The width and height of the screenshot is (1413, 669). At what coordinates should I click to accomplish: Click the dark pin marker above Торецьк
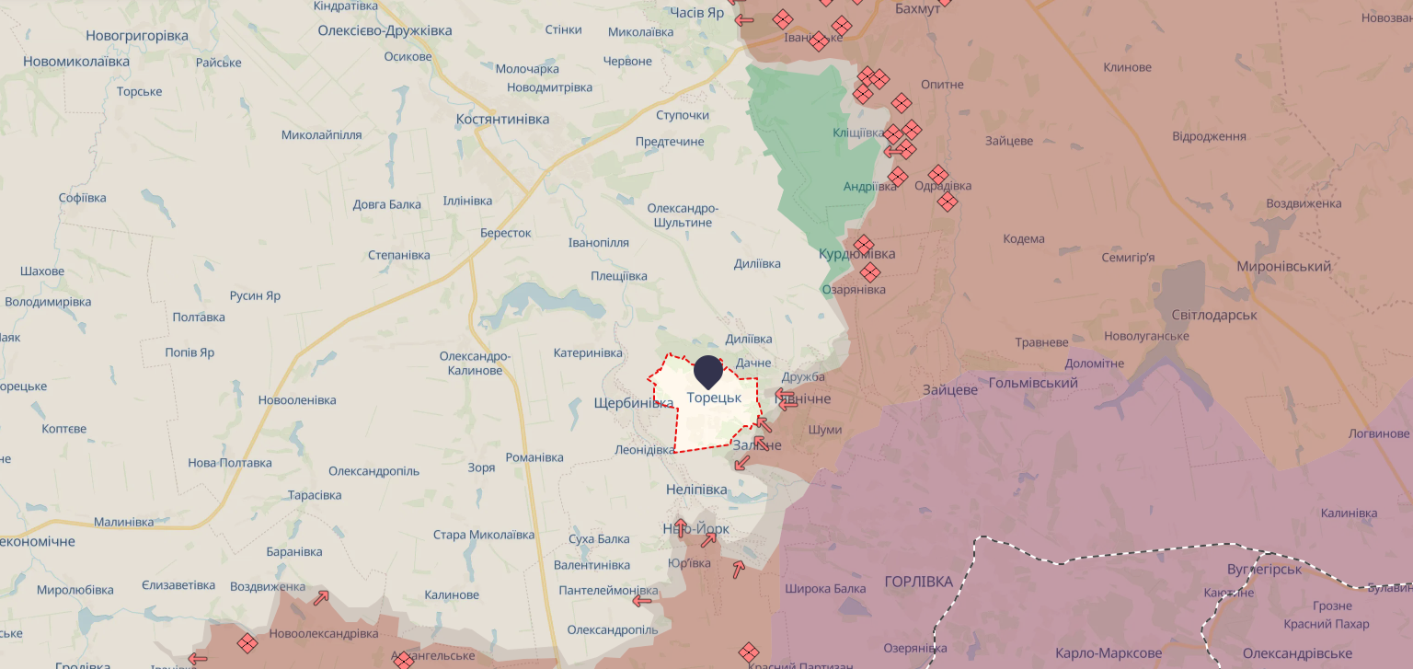click(x=706, y=371)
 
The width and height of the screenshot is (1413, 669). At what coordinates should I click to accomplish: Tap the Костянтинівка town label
click(x=502, y=120)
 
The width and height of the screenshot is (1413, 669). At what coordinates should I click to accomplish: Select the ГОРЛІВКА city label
click(x=918, y=582)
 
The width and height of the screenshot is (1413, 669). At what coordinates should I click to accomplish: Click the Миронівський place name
click(x=1283, y=267)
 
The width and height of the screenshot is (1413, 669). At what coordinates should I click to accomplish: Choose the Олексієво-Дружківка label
click(x=385, y=30)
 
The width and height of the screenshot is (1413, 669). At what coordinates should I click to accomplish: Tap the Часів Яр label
click(x=698, y=12)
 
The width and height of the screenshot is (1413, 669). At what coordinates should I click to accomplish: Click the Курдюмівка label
click(x=856, y=254)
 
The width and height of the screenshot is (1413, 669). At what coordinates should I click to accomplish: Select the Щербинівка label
click(x=634, y=403)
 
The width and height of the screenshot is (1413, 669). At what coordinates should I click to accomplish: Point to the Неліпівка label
click(x=696, y=490)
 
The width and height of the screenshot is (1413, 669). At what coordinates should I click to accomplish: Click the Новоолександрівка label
click(x=323, y=634)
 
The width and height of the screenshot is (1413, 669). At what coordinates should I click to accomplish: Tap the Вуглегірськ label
click(x=1264, y=570)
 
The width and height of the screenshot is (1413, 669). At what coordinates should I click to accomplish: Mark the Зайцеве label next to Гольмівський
click(x=949, y=390)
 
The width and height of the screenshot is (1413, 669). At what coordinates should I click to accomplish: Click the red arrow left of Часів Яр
click(x=743, y=19)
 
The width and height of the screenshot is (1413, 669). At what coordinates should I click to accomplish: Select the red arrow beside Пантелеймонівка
click(x=642, y=601)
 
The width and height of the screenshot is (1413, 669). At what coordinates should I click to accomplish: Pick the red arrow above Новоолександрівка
click(x=320, y=597)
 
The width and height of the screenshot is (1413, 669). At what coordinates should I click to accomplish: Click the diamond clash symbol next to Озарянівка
click(x=869, y=271)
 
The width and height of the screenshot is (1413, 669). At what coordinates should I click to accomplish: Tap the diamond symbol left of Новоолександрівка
click(x=247, y=643)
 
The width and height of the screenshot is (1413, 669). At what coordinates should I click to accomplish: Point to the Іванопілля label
click(x=598, y=243)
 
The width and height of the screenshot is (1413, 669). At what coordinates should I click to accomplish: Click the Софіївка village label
click(x=82, y=198)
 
